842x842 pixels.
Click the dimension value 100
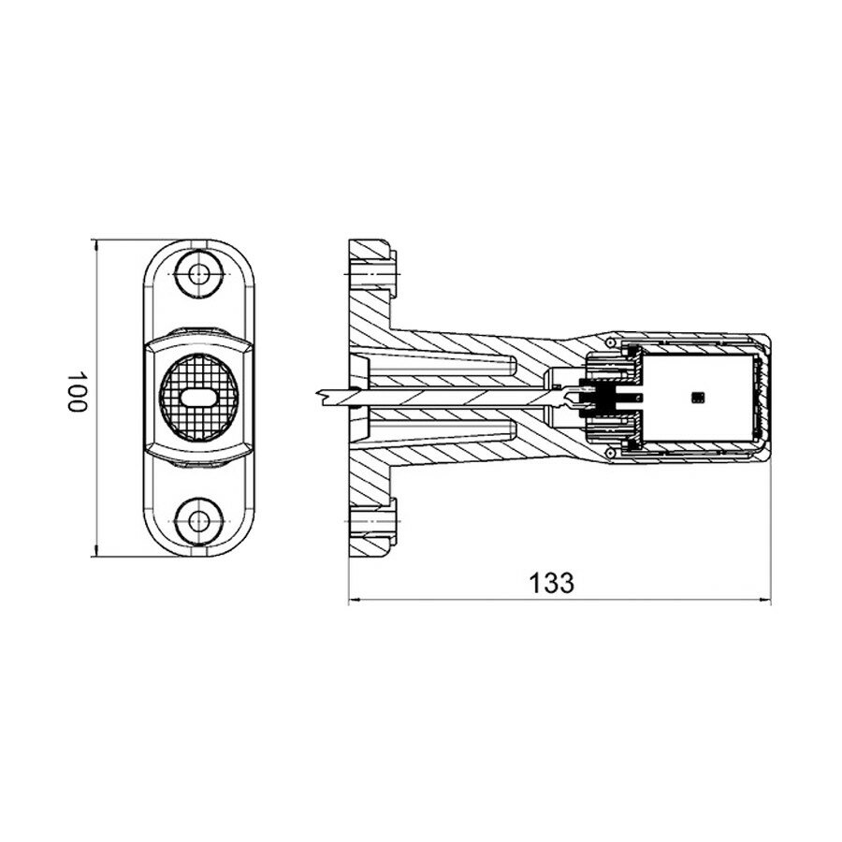coord(77,393)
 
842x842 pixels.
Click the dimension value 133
coord(551,582)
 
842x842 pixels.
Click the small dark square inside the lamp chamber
coord(696,398)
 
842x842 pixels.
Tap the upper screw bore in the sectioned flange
coord(374,272)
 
